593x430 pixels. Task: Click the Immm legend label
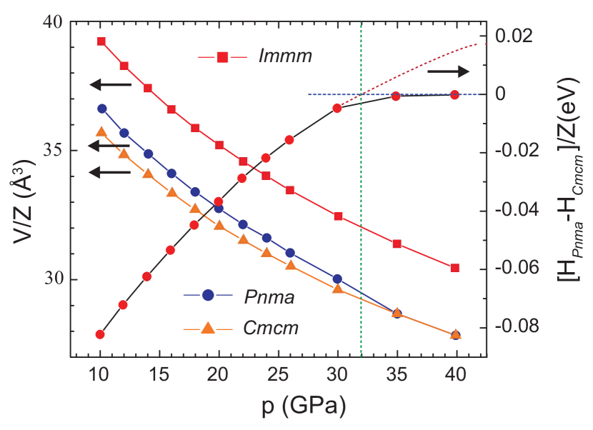pyautogui.click(x=285, y=56)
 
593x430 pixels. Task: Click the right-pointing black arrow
pyautogui.click(x=449, y=71)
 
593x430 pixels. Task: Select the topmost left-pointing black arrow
pyautogui.click(x=110, y=85)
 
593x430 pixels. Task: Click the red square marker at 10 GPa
pyautogui.click(x=101, y=41)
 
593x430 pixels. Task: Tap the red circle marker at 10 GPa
pyautogui.click(x=100, y=334)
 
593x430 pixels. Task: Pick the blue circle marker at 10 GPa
pyautogui.click(x=102, y=109)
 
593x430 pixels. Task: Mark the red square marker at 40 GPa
pyautogui.click(x=455, y=268)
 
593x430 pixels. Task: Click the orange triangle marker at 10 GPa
pyautogui.click(x=101, y=132)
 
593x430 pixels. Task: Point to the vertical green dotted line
pyautogui.click(x=362, y=214)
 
